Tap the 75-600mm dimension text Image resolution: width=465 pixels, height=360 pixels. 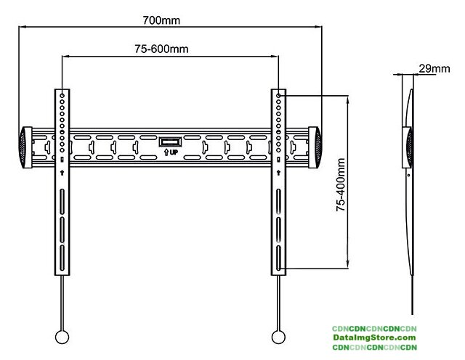click(x=161, y=49)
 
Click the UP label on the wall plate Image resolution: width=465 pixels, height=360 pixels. click(x=171, y=152)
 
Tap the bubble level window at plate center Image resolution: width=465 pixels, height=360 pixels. click(x=171, y=141)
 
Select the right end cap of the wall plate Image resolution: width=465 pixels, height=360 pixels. click(x=317, y=147)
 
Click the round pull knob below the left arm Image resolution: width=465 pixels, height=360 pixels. click(x=62, y=337)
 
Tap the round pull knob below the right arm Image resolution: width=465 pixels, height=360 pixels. click(x=278, y=337)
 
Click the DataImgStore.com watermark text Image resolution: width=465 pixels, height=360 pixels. click(x=374, y=337)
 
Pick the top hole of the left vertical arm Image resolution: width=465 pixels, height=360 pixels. click(x=62, y=95)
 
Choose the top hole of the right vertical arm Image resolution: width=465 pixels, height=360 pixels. click(x=279, y=95)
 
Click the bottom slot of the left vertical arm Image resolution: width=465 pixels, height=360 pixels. click(x=62, y=258)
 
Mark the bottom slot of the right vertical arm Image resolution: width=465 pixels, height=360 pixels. click(x=279, y=258)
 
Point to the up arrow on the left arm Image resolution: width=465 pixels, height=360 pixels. click(x=62, y=172)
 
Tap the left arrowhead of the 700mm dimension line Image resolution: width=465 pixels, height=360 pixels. click(x=23, y=28)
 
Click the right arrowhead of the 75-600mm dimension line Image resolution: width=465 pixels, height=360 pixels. click(x=277, y=57)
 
